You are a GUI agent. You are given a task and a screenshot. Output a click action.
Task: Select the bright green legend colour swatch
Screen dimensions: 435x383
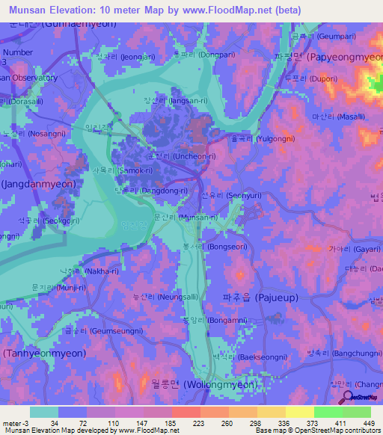328,412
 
